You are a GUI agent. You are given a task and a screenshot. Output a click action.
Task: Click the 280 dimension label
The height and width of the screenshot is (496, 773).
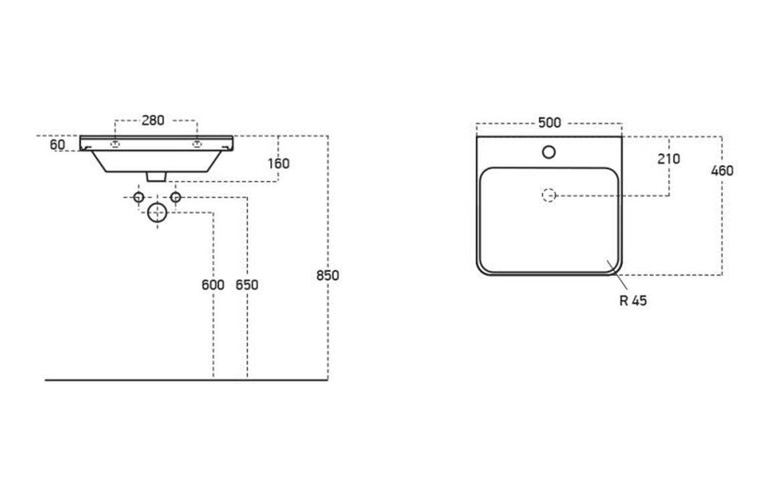tap(153, 121)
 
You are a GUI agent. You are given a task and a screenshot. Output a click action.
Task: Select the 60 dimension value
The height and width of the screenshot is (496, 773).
tap(58, 144)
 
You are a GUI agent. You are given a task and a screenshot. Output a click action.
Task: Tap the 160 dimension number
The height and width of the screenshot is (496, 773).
tap(278, 163)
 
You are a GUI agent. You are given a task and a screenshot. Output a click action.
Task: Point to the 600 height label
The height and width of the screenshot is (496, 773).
tap(213, 285)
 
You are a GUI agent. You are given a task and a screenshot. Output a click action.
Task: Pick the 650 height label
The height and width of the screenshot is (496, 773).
tap(247, 285)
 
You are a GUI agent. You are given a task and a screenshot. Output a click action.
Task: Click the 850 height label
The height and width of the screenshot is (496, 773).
tap(328, 275)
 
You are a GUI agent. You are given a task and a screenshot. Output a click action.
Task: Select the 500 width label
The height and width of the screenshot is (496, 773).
tap(549, 123)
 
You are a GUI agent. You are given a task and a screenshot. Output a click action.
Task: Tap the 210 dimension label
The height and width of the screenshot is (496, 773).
tap(668, 159)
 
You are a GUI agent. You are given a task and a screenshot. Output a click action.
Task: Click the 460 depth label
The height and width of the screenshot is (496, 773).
tap(722, 171)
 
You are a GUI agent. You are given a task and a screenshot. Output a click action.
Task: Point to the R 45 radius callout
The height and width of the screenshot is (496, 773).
tap(633, 301)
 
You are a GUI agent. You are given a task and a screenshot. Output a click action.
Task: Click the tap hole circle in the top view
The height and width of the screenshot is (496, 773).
tap(549, 152)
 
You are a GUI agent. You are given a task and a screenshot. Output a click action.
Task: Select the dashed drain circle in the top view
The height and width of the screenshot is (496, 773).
tap(549, 195)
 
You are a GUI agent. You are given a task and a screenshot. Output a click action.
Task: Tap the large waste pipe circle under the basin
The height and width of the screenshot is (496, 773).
tap(157, 213)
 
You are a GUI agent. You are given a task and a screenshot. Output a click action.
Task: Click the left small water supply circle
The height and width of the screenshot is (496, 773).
tap(138, 197)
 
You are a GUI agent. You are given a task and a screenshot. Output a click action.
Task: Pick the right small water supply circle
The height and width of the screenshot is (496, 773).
tap(176, 197)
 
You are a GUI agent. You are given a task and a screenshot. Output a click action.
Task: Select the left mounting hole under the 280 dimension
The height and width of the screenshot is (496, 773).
tap(115, 144)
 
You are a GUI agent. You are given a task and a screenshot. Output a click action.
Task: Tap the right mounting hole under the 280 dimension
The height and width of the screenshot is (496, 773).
tap(197, 144)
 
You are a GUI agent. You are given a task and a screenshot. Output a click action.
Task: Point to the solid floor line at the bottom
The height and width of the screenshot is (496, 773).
tap(187, 380)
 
